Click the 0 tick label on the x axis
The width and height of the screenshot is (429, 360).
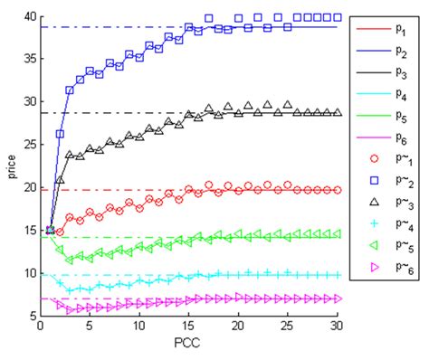point(41,328)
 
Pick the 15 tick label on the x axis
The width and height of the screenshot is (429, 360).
point(188,328)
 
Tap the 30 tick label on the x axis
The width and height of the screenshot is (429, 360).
point(338,328)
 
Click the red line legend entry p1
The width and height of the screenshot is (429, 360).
point(370,29)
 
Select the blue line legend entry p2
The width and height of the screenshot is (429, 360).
point(370,55)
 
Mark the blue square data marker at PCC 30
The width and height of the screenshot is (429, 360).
point(338,17)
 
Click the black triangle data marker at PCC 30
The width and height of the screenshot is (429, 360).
point(338,112)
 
